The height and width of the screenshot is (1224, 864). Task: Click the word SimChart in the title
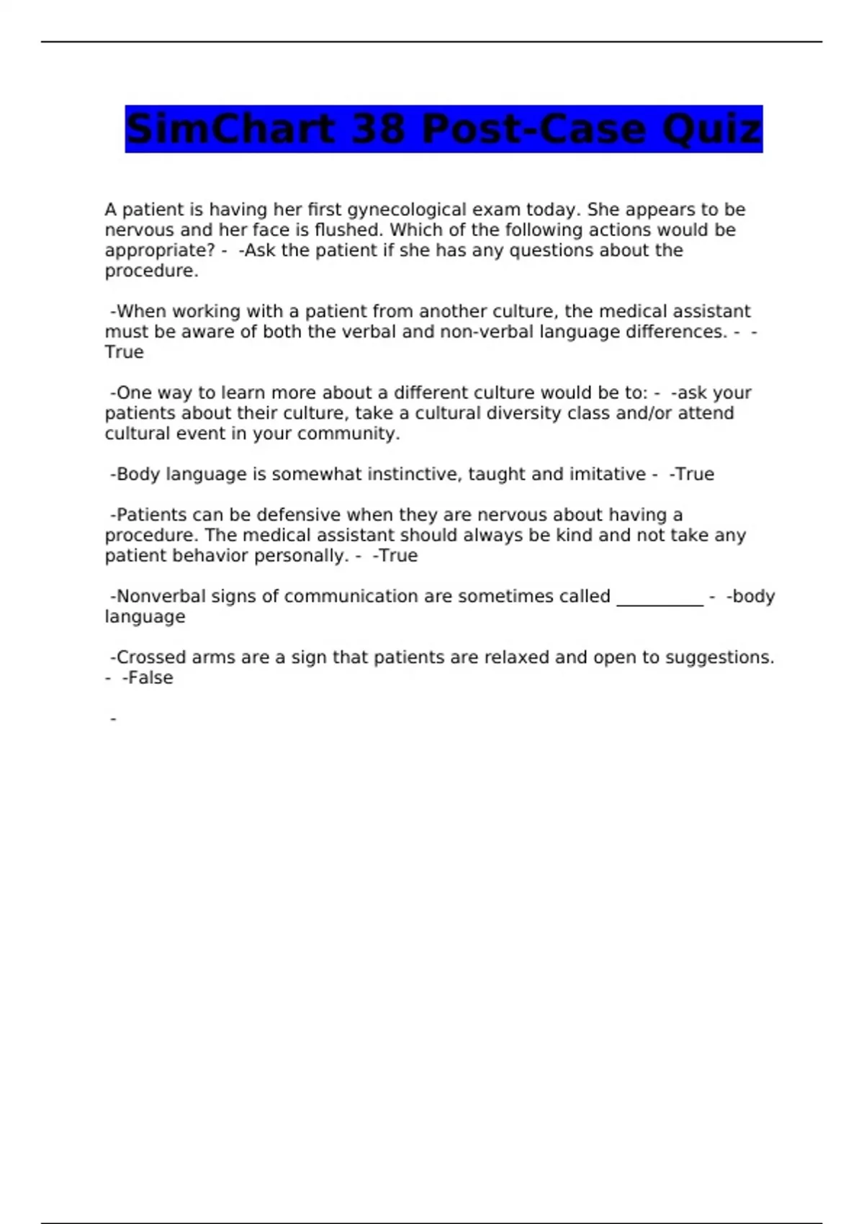[229, 130]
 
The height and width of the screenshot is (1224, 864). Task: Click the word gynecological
[408, 210]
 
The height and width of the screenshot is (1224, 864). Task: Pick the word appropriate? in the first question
[159, 251]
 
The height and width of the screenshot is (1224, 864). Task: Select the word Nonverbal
[161, 597]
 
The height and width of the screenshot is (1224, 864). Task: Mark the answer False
[150, 678]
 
